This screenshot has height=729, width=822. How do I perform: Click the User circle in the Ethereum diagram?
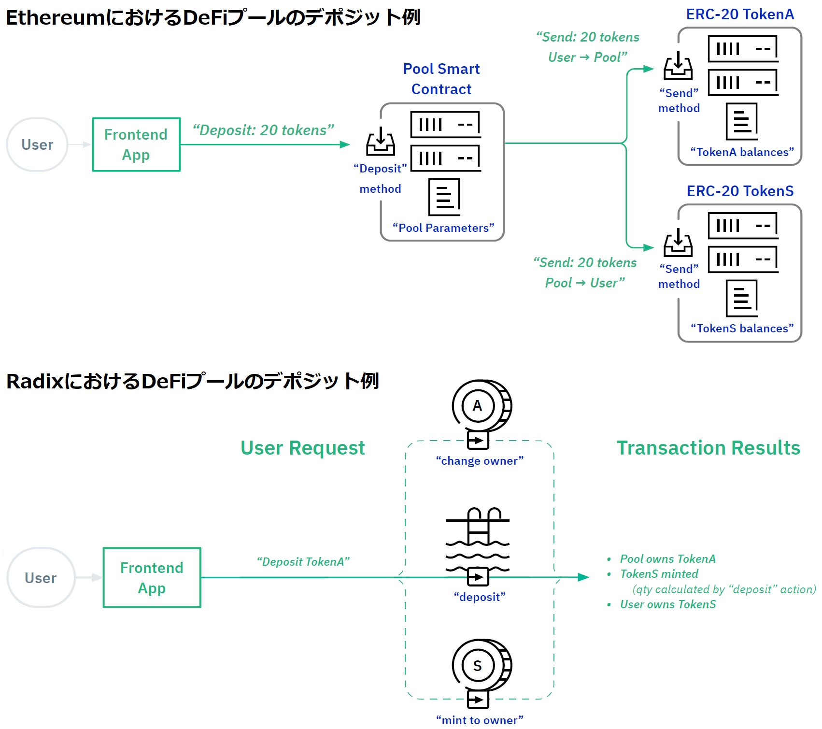37,144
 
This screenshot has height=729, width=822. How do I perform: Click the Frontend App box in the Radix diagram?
152,578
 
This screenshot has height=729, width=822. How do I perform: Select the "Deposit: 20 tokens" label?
263,130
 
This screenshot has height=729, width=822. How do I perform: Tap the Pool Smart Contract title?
441,79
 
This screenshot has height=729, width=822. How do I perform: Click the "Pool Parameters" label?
443,228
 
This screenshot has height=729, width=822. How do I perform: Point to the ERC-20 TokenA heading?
740,14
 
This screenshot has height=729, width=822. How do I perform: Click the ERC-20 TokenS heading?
740,191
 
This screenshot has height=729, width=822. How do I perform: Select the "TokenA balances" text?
742,152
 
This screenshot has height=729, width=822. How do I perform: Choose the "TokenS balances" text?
742,329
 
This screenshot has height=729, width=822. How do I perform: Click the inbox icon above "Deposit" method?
381,141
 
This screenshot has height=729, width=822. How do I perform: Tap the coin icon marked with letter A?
481,406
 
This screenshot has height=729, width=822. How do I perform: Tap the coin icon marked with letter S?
481,666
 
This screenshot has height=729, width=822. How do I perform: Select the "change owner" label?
480,461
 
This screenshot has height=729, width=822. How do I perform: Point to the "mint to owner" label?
480,720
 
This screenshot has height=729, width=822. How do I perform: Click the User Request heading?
303,448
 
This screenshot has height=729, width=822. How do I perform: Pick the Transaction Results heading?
708,448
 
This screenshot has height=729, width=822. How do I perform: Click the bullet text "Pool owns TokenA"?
667,559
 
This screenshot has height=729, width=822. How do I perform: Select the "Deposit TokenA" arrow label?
303,562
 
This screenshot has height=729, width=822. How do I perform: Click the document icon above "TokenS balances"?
742,298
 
